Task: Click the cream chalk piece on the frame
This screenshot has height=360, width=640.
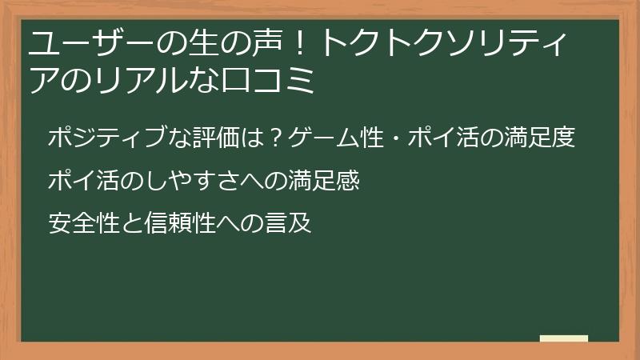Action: [x=564, y=338]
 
